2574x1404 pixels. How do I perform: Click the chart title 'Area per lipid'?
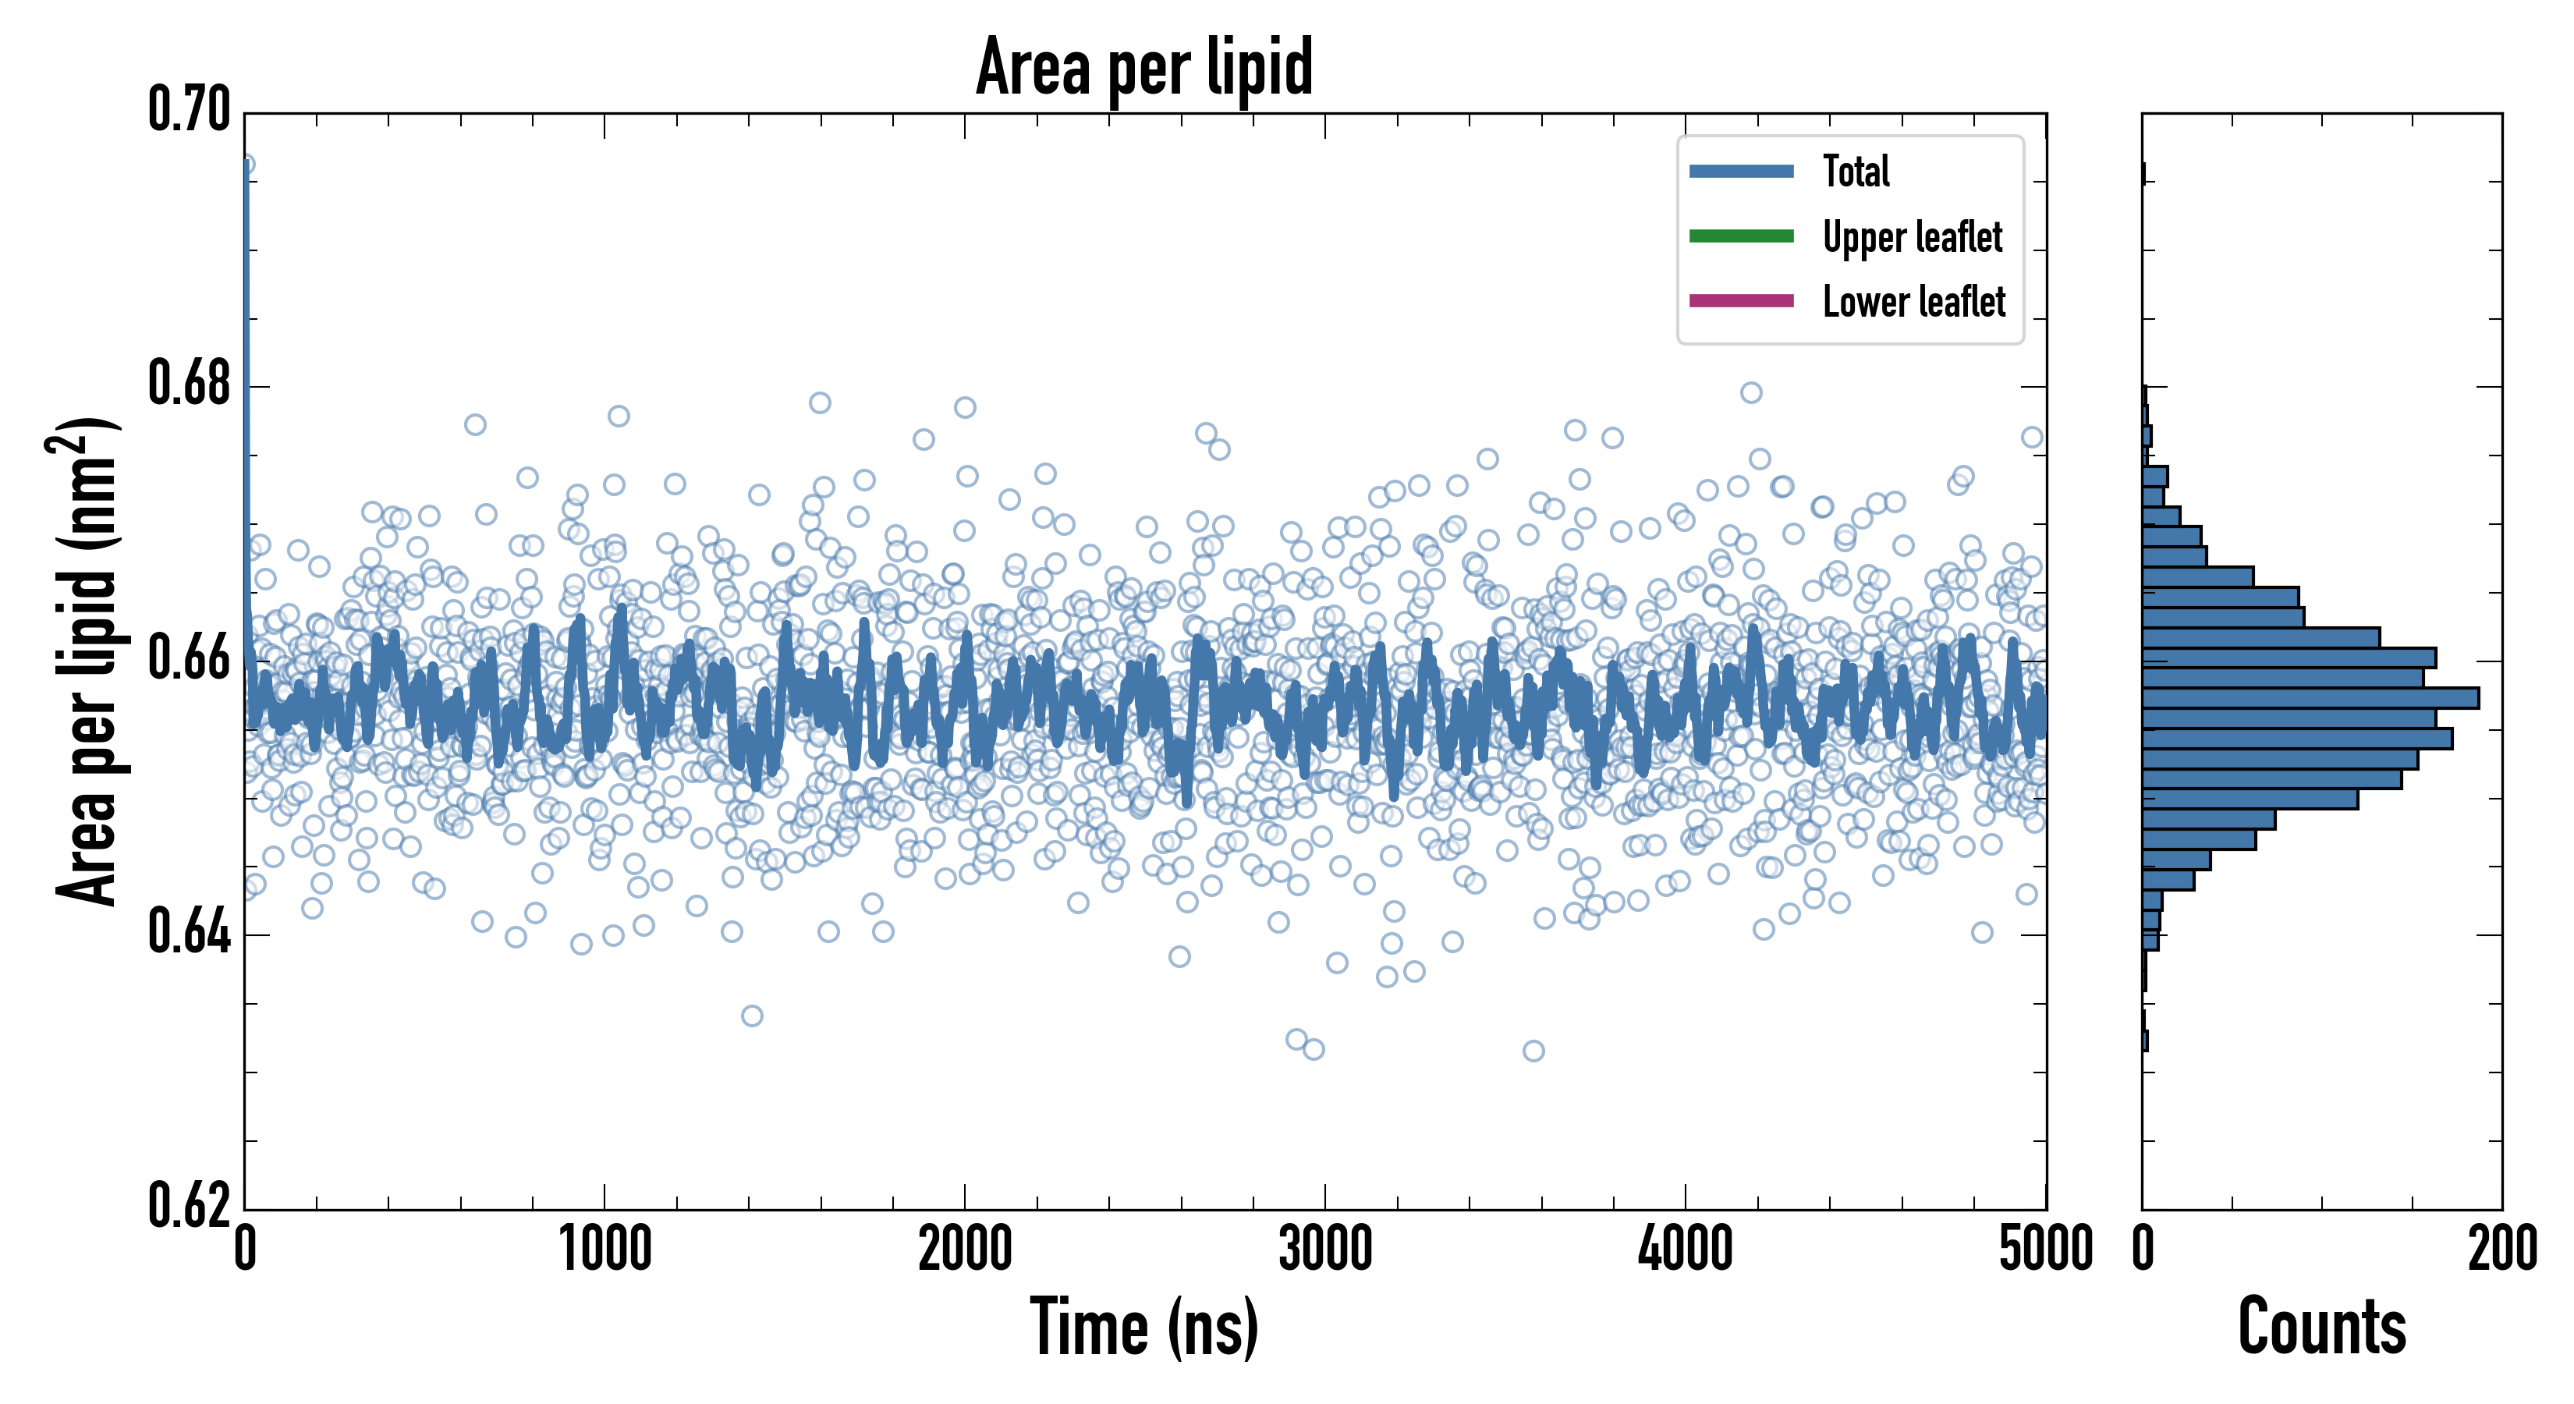pyautogui.click(x=1144, y=66)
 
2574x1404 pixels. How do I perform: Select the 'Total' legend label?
pyautogui.click(x=1856, y=171)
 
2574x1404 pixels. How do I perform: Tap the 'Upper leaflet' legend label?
pyautogui.click(x=1913, y=237)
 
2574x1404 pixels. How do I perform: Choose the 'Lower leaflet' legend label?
pyautogui.click(x=1913, y=302)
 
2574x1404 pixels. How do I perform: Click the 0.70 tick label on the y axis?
pyautogui.click(x=189, y=110)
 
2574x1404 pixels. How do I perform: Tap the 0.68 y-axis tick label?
pyautogui.click(x=189, y=384)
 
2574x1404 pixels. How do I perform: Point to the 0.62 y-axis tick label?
pyautogui.click(x=189, y=1206)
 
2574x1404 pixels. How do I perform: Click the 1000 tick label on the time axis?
pyautogui.click(x=604, y=1249)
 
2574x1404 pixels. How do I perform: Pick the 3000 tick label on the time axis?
pyautogui.click(x=1325, y=1249)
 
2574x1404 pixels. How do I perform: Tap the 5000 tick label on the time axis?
pyautogui.click(x=2045, y=1249)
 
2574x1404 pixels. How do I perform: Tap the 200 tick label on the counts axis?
pyautogui.click(x=2501, y=1249)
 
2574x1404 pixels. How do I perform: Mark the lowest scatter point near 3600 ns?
pyautogui.click(x=1533, y=1050)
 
